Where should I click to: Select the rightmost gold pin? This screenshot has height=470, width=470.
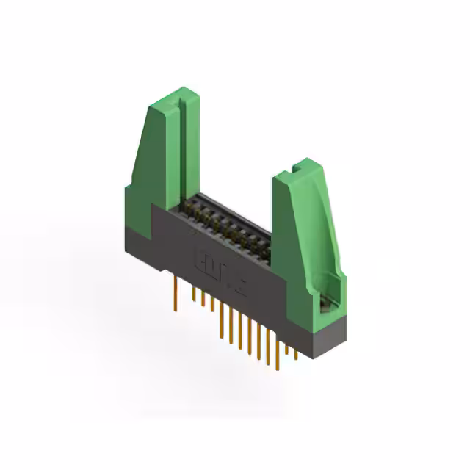(x=297, y=353)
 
